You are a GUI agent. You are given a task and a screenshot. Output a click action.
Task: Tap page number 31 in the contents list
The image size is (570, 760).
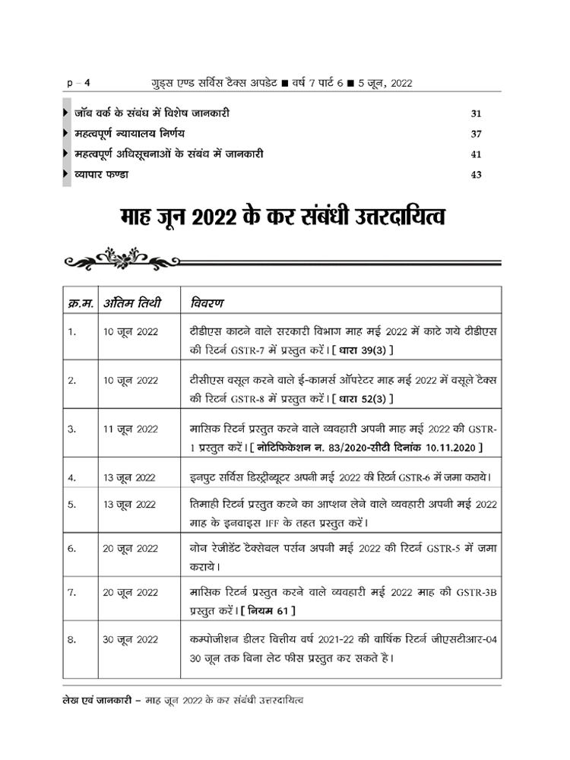[477, 114]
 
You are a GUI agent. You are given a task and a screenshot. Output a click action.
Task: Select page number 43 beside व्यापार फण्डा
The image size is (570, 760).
[477, 174]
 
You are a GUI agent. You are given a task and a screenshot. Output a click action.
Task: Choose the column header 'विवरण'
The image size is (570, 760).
[207, 303]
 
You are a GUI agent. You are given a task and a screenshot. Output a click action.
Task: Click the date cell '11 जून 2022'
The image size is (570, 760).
[130, 429]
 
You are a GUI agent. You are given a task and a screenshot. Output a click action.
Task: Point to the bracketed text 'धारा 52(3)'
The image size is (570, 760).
[368, 398]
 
